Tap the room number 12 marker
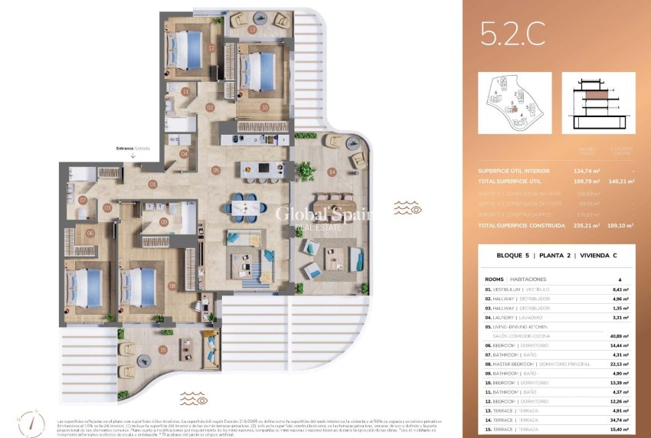(211, 47)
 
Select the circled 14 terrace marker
(332, 172)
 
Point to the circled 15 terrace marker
(163, 350)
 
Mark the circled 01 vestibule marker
(152, 184)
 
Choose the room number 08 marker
(172, 286)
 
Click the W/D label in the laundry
(175, 139)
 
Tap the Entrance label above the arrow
(132, 148)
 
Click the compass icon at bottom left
(25, 421)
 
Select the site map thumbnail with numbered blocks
(515, 103)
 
